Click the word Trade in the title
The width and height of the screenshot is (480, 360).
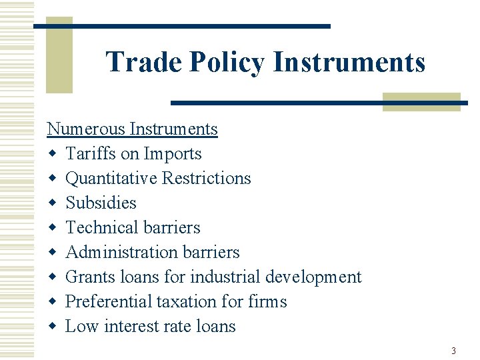(x=144, y=62)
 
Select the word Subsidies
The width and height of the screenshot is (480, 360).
(x=101, y=203)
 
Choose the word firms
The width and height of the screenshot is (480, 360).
(x=267, y=301)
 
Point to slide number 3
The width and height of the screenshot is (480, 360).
(x=453, y=351)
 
